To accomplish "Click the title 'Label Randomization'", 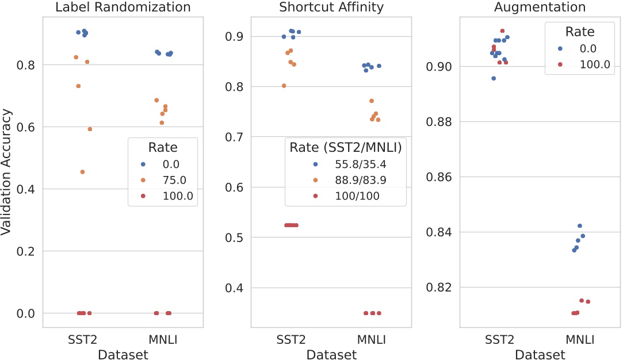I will (x=123, y=7).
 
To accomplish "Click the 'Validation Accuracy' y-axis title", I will (x=7, y=172).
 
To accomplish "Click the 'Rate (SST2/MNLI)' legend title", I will (x=346, y=147).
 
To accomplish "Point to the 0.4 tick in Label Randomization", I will (x=26, y=189).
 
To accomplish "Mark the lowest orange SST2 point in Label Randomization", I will (x=82, y=172).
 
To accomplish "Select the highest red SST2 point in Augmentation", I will (x=502, y=30).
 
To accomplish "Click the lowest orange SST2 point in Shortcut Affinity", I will (x=284, y=86).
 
